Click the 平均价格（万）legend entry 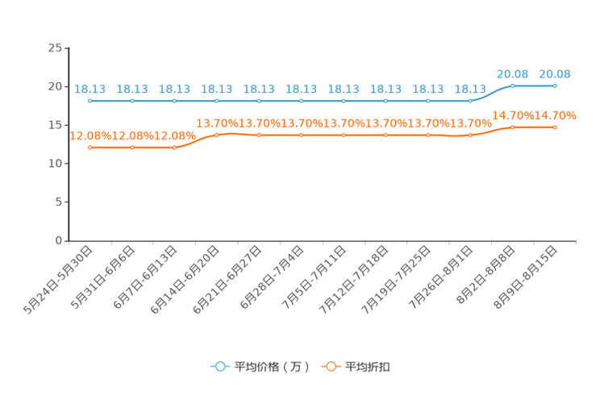(260, 367)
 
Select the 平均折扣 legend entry (356, 367)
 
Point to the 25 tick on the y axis (55, 48)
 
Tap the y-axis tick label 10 (55, 164)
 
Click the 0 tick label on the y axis (59, 240)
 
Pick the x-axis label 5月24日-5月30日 (58, 280)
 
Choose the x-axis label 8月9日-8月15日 (525, 277)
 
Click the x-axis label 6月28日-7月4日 (272, 277)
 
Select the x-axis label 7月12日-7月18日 (353, 280)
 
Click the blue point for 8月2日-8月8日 (513, 85)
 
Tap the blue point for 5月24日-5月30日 (90, 101)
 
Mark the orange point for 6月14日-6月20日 (217, 135)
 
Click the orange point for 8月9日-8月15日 (555, 127)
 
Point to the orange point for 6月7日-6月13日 (174, 148)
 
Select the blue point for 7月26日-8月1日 (470, 101)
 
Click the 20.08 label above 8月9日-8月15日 (555, 74)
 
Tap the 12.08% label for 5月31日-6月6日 (132, 135)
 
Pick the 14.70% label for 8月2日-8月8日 (513, 115)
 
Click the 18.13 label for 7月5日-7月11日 (344, 90)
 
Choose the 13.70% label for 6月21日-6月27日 (260, 123)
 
